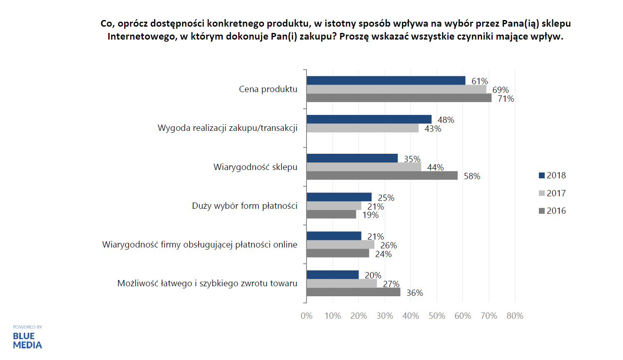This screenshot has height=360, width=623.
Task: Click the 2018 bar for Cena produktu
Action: coord(386,80)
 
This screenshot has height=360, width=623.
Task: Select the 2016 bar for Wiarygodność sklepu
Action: coord(382,175)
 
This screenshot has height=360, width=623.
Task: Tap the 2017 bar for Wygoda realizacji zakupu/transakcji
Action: coord(362,128)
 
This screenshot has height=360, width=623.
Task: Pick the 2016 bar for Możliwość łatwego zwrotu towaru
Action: coord(353,292)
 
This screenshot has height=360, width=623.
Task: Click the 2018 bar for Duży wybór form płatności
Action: coord(339,197)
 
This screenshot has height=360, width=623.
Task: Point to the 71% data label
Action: coord(506,99)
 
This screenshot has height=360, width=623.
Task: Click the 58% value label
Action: coord(472,176)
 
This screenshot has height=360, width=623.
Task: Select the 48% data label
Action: coord(446,120)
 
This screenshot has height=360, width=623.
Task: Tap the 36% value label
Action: coord(414,293)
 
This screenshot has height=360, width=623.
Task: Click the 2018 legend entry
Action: coord(552,175)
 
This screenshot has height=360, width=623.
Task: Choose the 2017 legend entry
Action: coord(552,193)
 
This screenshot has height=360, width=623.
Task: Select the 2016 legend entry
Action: coord(552,211)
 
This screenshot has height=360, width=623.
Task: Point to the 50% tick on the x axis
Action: coord(436,316)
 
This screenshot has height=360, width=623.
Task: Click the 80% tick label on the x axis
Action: coord(515,316)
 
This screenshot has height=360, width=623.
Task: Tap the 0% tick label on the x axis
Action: coord(307,316)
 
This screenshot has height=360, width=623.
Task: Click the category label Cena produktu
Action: coord(268,89)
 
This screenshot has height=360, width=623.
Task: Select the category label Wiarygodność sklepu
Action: coord(255,167)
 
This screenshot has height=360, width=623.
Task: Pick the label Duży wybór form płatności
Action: coord(244,206)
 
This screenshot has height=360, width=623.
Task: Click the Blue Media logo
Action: coord(27,340)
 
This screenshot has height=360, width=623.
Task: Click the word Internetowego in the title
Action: coord(142,37)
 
